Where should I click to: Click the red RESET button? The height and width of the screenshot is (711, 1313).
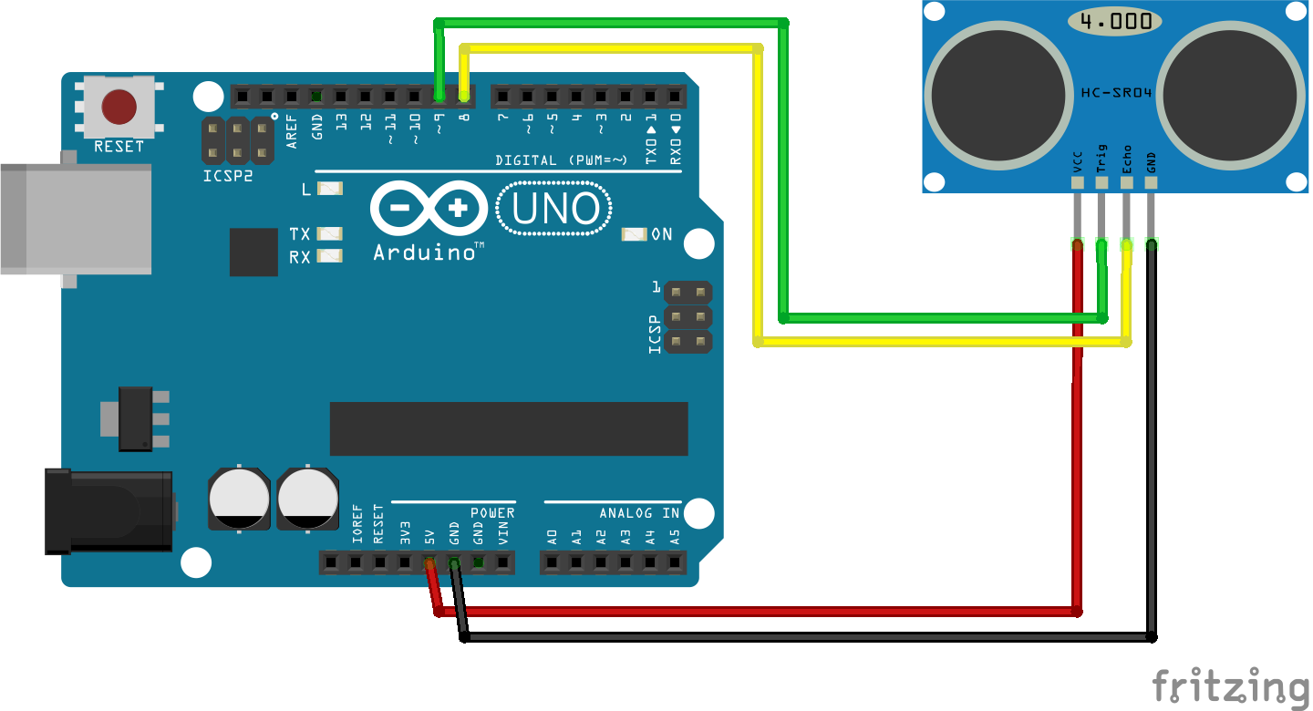119,107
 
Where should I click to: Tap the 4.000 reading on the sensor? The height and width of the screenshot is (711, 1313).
1116,21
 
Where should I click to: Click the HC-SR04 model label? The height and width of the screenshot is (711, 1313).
1114,92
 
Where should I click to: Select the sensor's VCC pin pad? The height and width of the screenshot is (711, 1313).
1078,182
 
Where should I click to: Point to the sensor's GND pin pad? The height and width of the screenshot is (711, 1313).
1152,182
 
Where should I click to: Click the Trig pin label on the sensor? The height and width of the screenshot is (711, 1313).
1102,159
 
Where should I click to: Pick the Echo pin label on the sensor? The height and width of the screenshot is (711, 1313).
1127,159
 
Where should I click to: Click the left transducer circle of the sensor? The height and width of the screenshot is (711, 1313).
998,96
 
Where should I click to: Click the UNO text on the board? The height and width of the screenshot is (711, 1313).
556,210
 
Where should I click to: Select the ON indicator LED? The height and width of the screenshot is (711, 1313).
634,234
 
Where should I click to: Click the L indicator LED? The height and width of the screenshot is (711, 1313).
329,189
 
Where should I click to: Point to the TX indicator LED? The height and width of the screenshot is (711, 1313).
329,234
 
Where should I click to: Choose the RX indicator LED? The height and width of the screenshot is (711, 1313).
329,256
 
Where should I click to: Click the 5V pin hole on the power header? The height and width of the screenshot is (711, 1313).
429,564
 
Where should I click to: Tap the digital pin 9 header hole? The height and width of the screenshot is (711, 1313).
439,95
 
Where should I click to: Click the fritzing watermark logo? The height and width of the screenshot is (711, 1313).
1231,685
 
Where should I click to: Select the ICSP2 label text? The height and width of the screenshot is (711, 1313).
228,175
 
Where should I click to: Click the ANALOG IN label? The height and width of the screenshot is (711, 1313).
639,513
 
